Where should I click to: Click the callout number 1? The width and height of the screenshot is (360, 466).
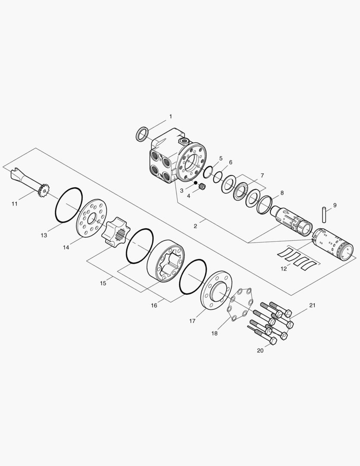(170, 116)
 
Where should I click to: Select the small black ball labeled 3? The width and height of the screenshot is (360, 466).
(195, 183)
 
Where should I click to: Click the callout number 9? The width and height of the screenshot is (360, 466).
(335, 205)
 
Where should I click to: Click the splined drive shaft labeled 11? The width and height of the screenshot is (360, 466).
(30, 183)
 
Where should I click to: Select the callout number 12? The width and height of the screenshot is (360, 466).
(284, 269)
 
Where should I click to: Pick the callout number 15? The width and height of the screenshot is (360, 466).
(103, 283)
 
